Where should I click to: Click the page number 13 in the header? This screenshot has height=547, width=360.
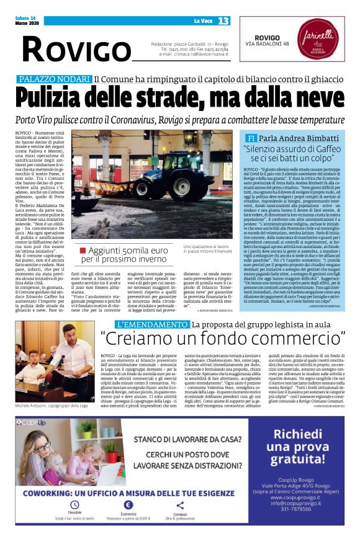click(223, 20)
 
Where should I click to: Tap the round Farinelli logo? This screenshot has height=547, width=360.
click(328, 45)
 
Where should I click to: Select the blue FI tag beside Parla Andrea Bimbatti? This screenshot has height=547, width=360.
click(251, 138)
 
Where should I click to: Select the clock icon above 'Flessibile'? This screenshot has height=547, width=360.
click(75, 505)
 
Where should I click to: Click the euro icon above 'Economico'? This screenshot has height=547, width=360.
click(128, 505)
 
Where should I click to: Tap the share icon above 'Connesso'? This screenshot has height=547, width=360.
click(180, 505)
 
